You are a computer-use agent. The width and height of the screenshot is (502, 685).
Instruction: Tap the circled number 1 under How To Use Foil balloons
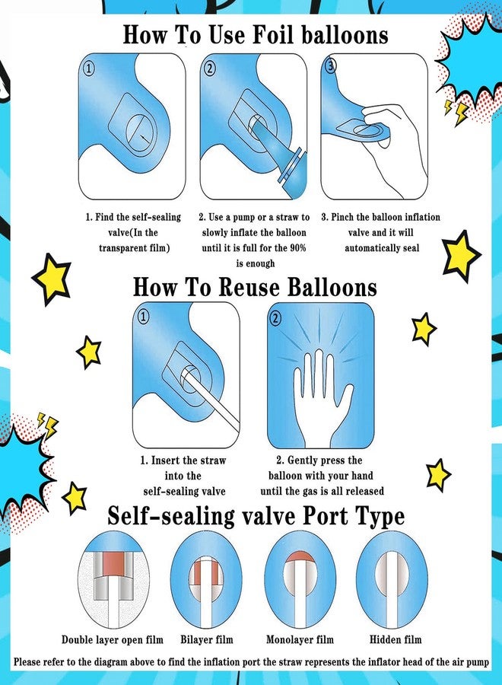(x=89, y=68)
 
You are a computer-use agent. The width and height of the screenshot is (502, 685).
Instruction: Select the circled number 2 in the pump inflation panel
(x=210, y=68)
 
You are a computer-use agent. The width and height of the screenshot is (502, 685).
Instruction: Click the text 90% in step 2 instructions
(x=297, y=248)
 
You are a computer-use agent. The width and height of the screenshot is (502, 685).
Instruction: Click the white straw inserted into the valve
(x=208, y=400)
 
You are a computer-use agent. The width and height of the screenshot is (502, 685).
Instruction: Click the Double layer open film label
(x=112, y=640)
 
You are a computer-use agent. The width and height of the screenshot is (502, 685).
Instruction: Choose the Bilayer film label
(x=207, y=640)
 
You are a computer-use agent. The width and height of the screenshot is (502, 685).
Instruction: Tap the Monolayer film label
(x=300, y=640)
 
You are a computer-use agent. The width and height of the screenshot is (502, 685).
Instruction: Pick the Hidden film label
(x=396, y=640)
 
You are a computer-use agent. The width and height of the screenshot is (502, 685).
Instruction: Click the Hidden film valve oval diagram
(x=392, y=580)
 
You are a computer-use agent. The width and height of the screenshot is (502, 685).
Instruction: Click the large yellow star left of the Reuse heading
(x=52, y=279)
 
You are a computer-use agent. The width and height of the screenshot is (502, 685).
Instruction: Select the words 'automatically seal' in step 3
(x=382, y=248)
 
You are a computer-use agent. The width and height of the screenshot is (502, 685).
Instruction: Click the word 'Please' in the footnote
(x=28, y=662)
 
